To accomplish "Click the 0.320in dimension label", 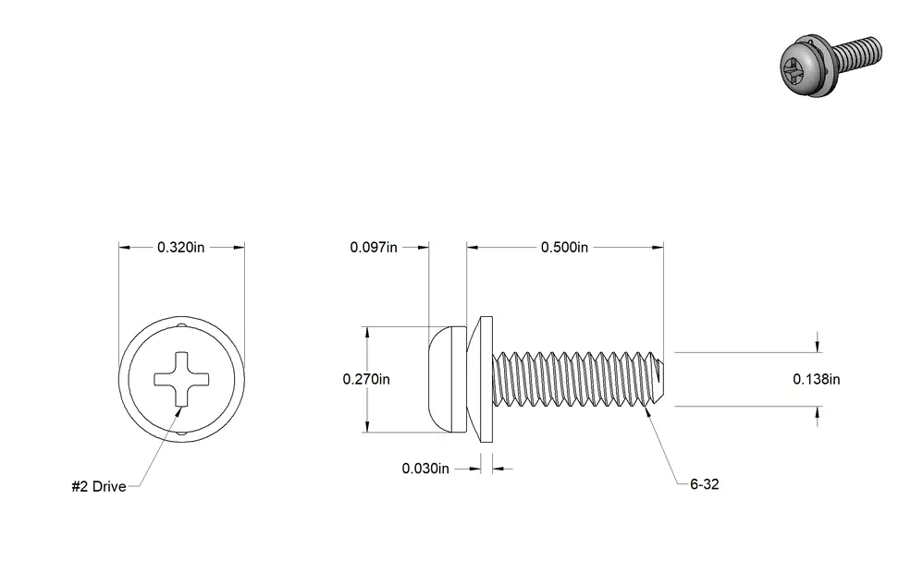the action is click(x=180, y=247).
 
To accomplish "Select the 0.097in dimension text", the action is click(x=374, y=247).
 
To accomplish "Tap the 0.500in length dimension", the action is click(x=564, y=247).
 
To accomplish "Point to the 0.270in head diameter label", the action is click(x=366, y=380).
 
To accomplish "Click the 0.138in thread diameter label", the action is click(x=817, y=380).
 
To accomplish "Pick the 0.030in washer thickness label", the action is click(x=425, y=469).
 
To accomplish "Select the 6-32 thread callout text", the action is click(x=705, y=484).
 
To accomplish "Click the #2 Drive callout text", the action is click(x=99, y=486).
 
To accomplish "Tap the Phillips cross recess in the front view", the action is click(x=181, y=380).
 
